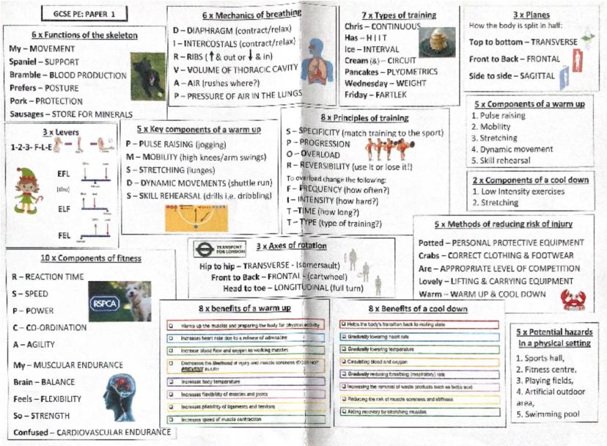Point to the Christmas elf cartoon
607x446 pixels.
pyautogui.click(x=27, y=190)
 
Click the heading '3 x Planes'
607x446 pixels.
pyautogui.click(x=526, y=14)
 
